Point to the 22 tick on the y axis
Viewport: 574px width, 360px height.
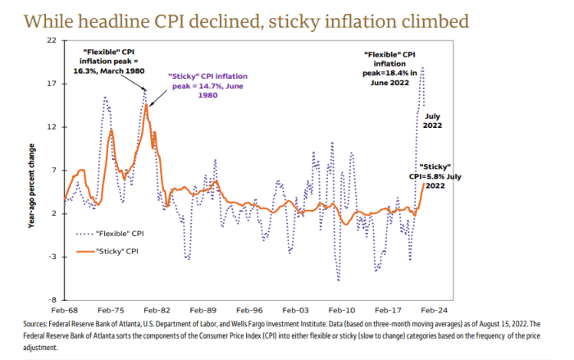coord(52,40)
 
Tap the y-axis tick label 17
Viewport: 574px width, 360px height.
coord(52,84)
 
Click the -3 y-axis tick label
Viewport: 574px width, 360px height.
coord(52,257)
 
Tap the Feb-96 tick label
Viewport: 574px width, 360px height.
coord(248,312)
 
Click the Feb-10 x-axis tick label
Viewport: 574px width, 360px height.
coord(339,312)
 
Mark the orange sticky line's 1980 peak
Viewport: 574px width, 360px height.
coord(147,104)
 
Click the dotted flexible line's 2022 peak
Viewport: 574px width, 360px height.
coord(422,68)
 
